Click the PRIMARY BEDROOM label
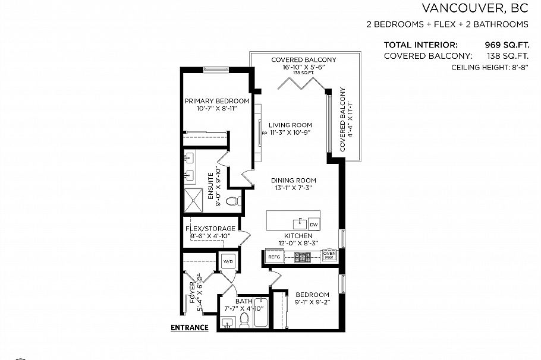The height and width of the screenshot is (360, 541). coord(216,101)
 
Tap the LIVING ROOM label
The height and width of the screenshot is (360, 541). coord(290,125)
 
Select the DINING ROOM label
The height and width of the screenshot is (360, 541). coord(293,181)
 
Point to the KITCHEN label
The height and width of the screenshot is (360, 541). coord(298,236)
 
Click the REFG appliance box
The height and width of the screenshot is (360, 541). coord(273,257)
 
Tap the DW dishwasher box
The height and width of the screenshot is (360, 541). coord(314,224)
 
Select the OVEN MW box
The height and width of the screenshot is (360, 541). coord(329,255)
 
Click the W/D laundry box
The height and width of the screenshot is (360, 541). coord(228,261)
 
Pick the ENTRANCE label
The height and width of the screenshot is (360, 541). coord(189,327)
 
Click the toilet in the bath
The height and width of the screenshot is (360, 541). coord(244,321)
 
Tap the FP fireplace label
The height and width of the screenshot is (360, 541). coord(264,133)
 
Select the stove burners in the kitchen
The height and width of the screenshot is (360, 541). coord(303,257)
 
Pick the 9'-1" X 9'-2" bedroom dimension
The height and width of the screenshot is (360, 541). coord(312,302)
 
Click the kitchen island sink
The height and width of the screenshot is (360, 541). coord(300,223)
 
